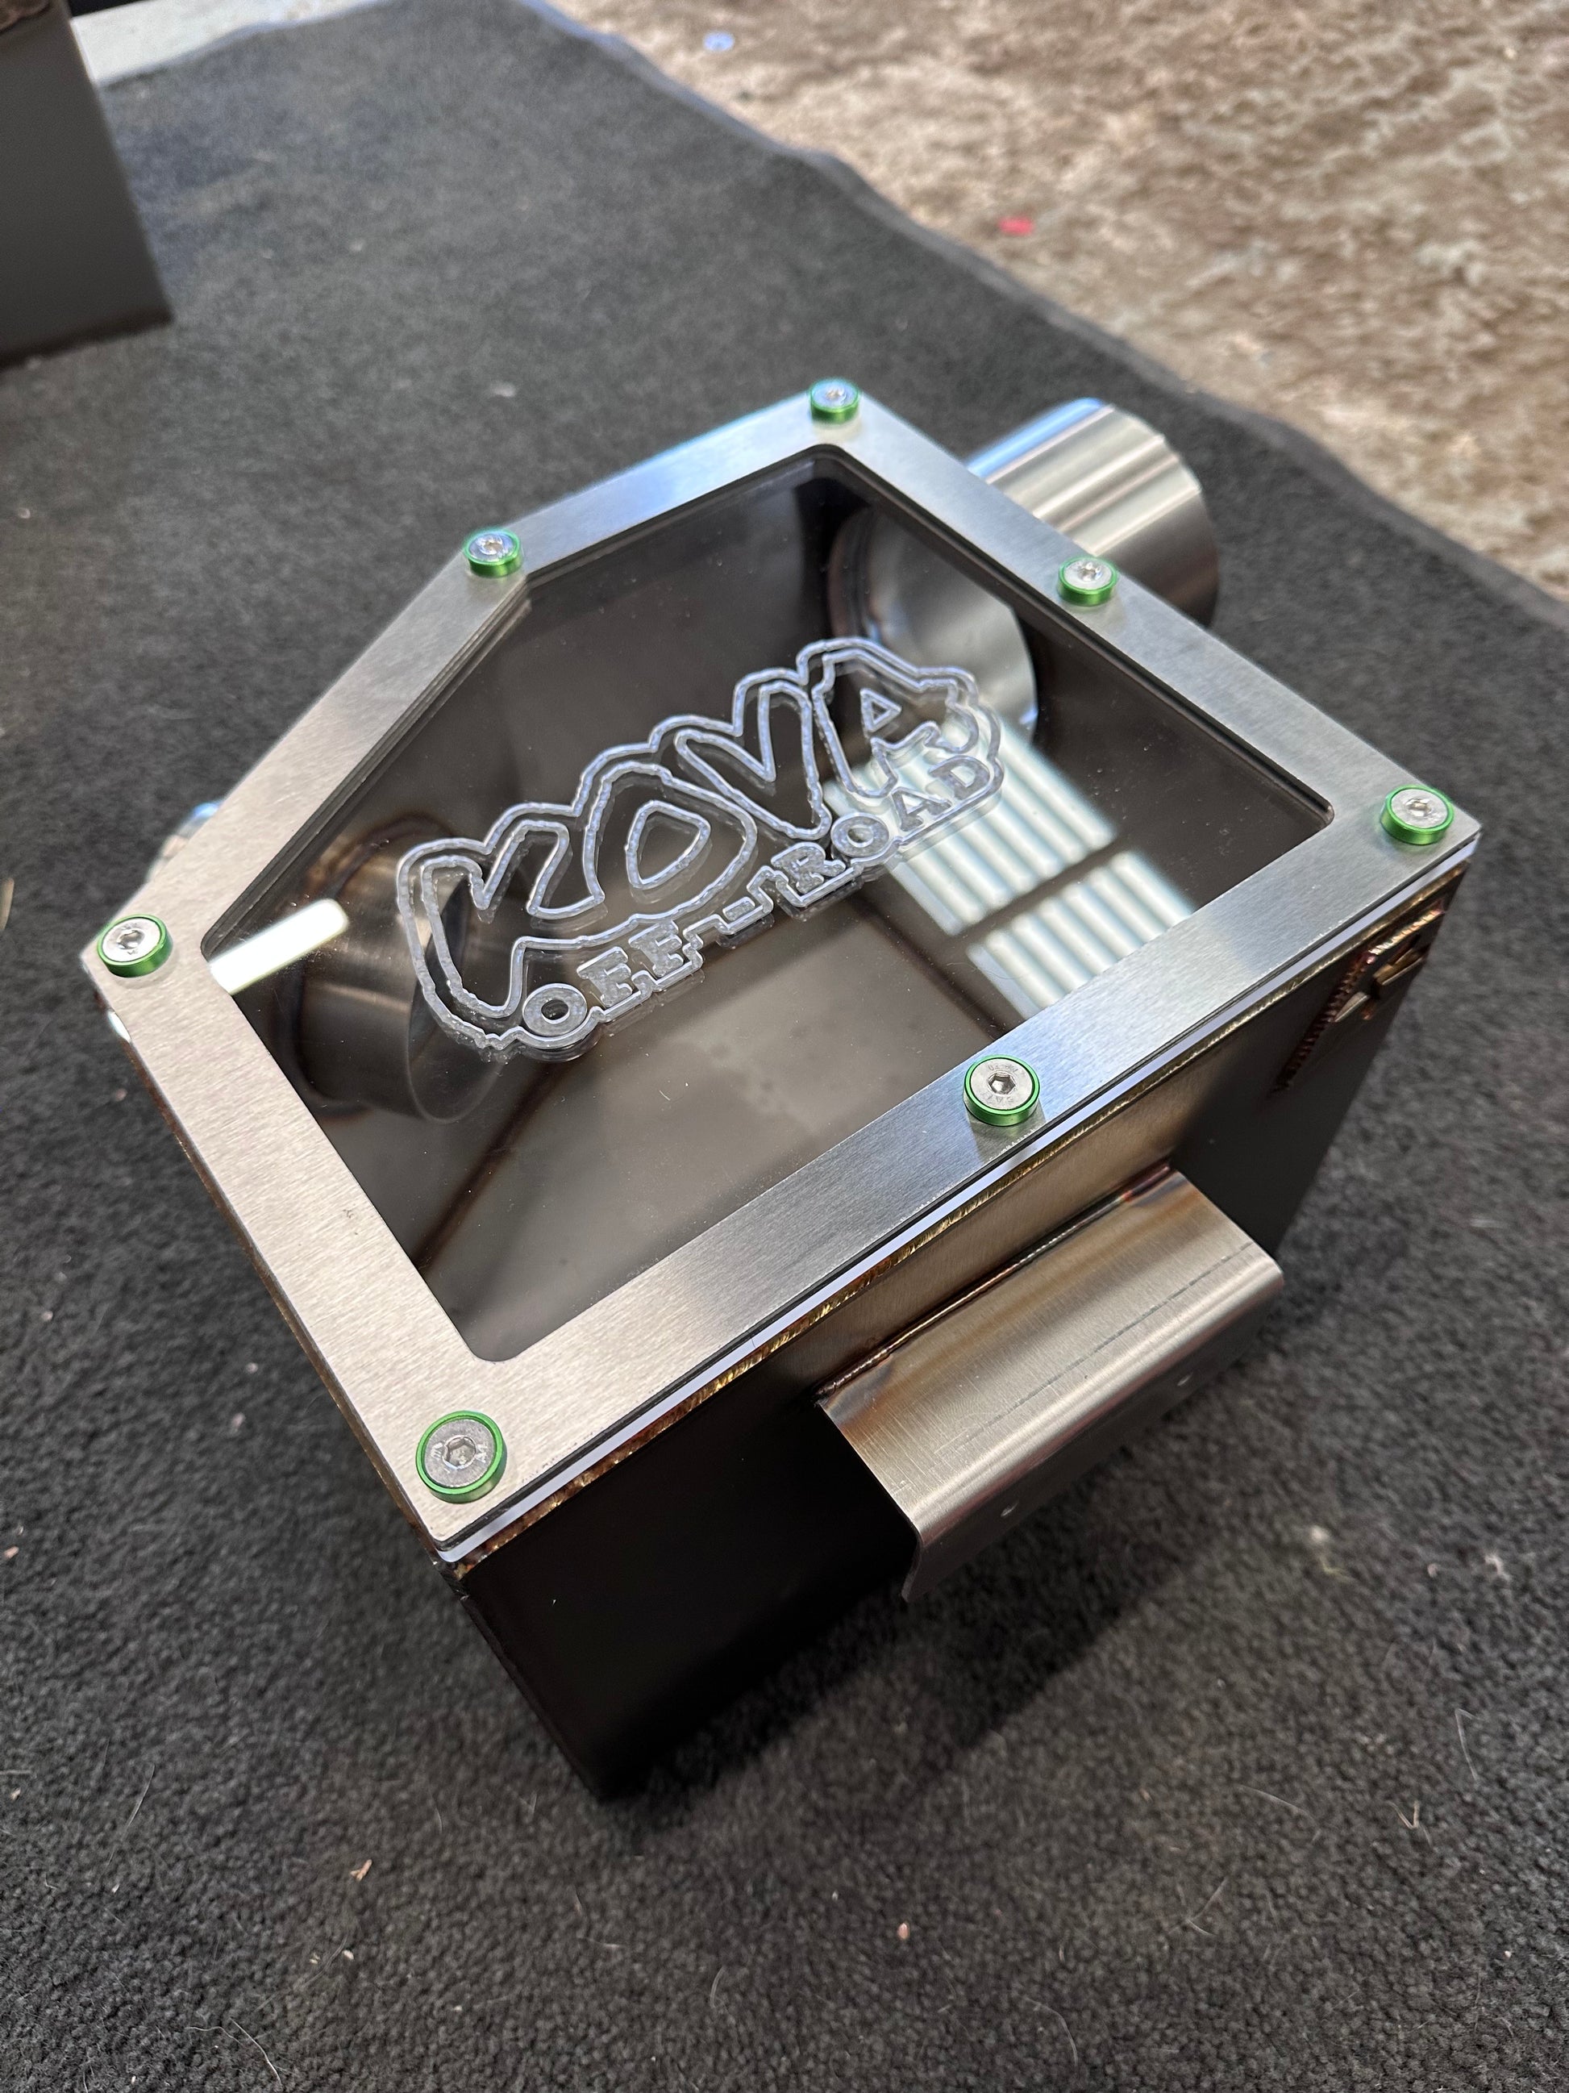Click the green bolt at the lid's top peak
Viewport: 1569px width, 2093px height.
833,398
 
